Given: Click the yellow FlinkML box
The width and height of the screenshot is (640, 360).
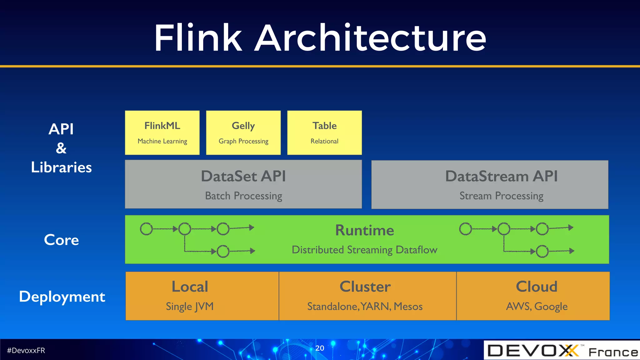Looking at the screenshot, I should (x=162, y=132).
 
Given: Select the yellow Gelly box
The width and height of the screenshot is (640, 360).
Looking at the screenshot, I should (x=243, y=132).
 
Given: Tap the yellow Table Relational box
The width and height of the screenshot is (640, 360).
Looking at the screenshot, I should (x=324, y=132).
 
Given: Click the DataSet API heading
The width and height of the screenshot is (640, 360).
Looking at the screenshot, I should (x=243, y=176).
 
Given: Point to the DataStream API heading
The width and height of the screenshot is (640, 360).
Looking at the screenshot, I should (x=501, y=176).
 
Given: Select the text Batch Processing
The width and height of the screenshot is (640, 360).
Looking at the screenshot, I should (x=243, y=196).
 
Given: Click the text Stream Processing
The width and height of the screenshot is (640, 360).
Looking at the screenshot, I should (x=501, y=196).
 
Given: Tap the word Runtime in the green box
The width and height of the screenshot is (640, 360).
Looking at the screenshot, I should (x=364, y=230).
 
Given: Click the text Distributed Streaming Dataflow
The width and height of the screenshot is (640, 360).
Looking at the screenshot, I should (x=364, y=250).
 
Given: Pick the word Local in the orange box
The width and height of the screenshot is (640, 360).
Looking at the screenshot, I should (x=190, y=287).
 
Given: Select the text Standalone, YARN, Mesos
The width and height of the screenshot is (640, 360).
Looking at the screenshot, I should (x=365, y=307).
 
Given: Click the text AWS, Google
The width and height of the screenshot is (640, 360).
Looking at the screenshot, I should (x=537, y=307).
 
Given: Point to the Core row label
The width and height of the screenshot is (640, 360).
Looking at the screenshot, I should (x=61, y=240).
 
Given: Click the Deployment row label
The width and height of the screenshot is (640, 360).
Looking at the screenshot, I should (x=62, y=297).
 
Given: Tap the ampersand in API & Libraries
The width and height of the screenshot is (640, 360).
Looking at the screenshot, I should (x=61, y=148).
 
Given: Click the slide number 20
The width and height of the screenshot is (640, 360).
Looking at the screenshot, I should (x=320, y=348).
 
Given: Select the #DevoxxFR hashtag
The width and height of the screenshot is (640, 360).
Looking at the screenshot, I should (x=26, y=351).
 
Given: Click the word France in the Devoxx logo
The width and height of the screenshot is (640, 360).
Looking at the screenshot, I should (x=613, y=352).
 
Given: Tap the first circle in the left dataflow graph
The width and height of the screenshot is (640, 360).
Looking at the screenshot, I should (x=146, y=229).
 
